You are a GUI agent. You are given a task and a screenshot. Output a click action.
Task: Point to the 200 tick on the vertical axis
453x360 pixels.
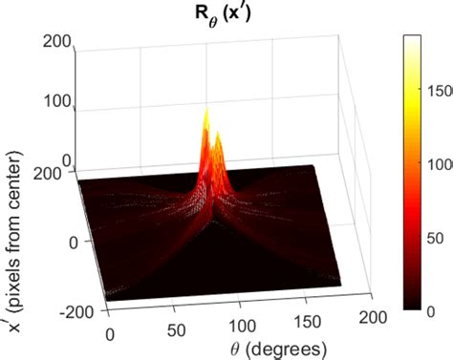tap(59, 41)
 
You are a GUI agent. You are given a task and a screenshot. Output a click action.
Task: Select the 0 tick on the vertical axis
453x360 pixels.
tap(66, 160)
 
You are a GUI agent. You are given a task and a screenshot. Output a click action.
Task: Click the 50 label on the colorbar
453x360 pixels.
tap(436, 233)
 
